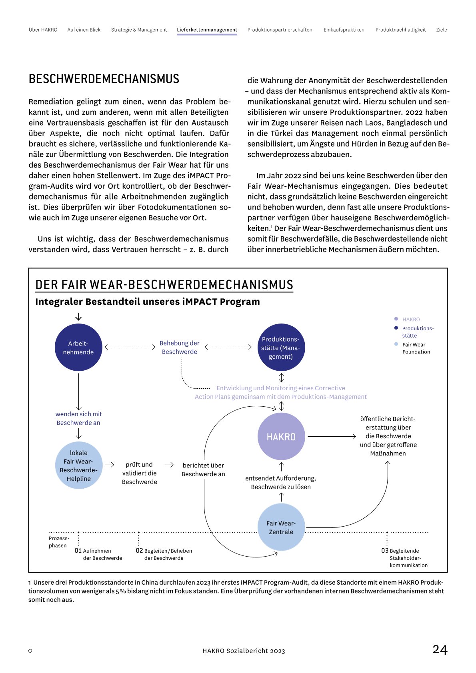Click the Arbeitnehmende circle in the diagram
point(78,347)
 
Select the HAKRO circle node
point(281,437)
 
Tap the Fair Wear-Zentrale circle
point(281,527)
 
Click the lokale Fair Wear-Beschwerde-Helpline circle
point(79,465)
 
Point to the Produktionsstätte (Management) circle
point(281,347)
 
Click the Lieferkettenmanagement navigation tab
point(207,30)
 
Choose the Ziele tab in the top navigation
point(441,30)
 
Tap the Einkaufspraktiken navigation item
point(344,30)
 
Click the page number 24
point(440,649)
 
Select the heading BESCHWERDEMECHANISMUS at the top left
point(104,79)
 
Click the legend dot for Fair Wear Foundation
point(396,344)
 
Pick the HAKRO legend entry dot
point(396,319)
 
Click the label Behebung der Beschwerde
point(180,347)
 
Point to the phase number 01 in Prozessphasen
point(78,551)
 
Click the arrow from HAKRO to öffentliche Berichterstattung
point(332,437)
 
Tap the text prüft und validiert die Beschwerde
point(139,473)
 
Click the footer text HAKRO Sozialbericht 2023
point(244,651)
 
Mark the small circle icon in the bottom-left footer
point(30,651)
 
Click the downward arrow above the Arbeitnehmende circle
point(78,317)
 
